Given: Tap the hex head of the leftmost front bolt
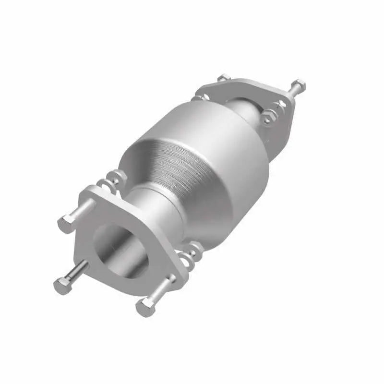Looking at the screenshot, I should tap(62, 286).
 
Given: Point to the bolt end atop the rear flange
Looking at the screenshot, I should tap(223, 77).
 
